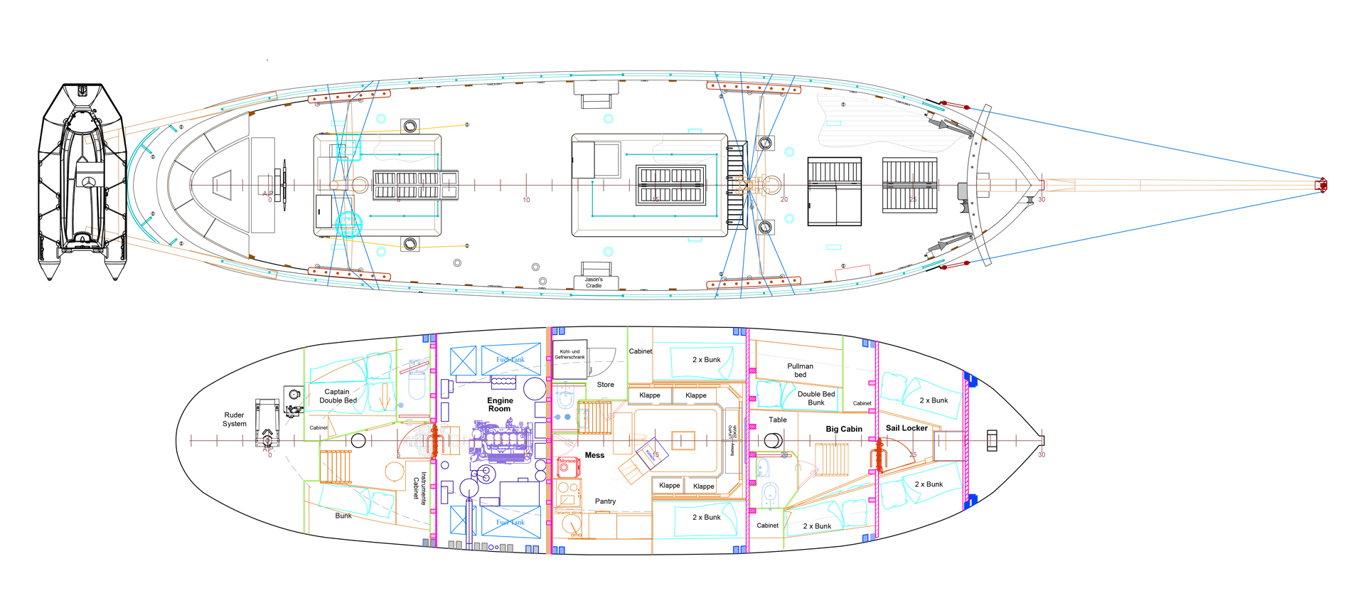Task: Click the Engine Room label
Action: coord(500,405)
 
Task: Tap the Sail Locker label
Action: coord(906,428)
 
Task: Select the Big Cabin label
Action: coord(844,430)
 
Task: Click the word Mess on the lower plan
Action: coord(594,455)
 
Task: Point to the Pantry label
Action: coord(605,501)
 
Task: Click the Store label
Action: coord(605,385)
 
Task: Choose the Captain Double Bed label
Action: coord(338,396)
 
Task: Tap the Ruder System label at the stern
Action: coord(234,420)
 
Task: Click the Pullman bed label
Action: coord(800,370)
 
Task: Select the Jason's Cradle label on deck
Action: coord(594,282)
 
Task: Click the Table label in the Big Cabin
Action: coord(778,420)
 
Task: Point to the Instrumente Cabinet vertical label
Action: coord(419,488)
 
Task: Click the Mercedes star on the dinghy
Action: coord(90,183)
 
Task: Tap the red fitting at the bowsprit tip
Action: coord(1322,185)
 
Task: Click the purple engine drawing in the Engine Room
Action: coord(501,442)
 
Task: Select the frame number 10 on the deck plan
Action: coord(526,200)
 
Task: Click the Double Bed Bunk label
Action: coord(816,398)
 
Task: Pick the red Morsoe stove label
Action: coord(567,461)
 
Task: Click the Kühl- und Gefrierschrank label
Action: coord(569,354)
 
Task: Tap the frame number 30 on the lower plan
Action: coord(1042,454)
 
